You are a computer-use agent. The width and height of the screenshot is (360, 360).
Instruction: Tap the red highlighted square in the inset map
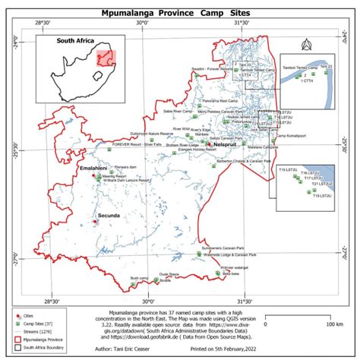(x=104, y=59)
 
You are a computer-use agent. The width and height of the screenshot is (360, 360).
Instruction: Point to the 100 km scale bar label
(x=335, y=324)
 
